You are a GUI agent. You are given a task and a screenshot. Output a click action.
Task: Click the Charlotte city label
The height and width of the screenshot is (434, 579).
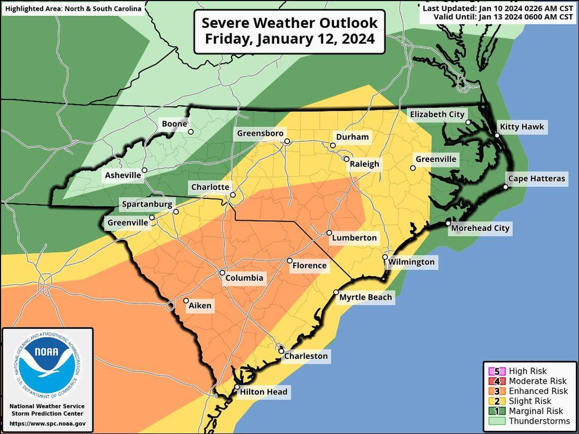pos(210,187)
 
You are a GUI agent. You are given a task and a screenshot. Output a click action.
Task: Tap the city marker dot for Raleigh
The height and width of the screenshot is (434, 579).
pos(346,159)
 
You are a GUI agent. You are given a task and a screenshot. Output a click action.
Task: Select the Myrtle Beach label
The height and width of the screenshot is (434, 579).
pos(366,297)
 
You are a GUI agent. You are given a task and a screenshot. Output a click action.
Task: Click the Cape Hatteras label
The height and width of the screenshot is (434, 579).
pos(535,179)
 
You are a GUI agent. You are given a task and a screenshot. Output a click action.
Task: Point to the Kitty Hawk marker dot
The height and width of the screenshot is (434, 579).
pos(498,135)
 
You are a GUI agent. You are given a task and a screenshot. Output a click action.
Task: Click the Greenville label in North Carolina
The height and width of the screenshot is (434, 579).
pos(436,159)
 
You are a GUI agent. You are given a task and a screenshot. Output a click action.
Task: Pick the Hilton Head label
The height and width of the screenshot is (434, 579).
pos(263,391)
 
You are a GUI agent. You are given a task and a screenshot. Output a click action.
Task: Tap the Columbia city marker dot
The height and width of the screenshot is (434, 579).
pos(222,273)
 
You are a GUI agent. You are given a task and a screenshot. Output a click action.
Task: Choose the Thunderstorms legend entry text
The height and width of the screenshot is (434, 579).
pos(539,421)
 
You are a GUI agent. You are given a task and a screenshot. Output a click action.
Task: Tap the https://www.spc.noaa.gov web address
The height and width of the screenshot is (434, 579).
pos(47,423)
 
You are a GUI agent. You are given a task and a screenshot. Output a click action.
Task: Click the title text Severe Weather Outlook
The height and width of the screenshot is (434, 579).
pos(289,23)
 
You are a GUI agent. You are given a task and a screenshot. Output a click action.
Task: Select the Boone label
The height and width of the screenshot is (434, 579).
pos(174,123)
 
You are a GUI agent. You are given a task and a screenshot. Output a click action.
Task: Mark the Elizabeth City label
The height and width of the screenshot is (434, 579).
pos(437,114)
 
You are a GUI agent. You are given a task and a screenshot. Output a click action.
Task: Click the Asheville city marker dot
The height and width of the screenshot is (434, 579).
pos(144,171)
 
